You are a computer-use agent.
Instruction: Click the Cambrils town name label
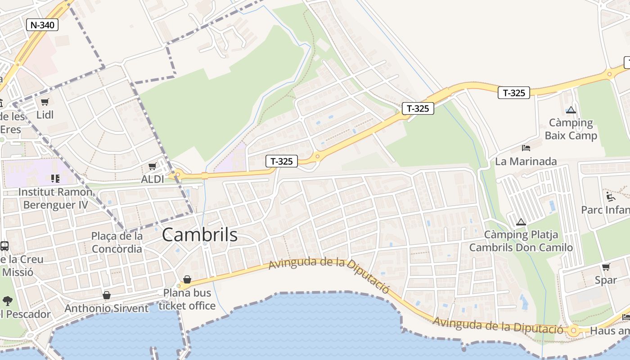(199, 235)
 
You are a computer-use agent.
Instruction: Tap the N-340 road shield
(42, 25)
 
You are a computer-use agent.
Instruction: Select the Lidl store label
(45, 115)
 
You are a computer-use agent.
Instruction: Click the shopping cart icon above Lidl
(45, 102)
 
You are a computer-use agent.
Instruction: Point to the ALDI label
(153, 179)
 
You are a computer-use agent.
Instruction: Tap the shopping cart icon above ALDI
(153, 166)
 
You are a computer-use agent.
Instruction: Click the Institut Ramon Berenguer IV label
(55, 198)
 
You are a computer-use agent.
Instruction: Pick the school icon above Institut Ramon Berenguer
(55, 179)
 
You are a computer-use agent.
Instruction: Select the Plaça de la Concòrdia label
(117, 242)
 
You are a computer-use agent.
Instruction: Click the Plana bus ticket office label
(187, 299)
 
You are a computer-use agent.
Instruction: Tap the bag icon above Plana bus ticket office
(187, 279)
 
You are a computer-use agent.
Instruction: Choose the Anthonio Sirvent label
(106, 309)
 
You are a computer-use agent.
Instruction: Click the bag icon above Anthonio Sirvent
(107, 295)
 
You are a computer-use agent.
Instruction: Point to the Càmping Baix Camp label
(571, 129)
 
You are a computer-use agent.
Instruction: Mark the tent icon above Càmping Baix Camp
(571, 110)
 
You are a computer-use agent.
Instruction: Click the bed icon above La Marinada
(526, 148)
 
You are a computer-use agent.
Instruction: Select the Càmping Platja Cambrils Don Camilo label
(521, 241)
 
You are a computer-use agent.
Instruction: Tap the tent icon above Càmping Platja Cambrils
(521, 222)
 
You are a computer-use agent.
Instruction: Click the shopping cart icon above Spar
(606, 267)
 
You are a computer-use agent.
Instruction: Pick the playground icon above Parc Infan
(610, 197)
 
